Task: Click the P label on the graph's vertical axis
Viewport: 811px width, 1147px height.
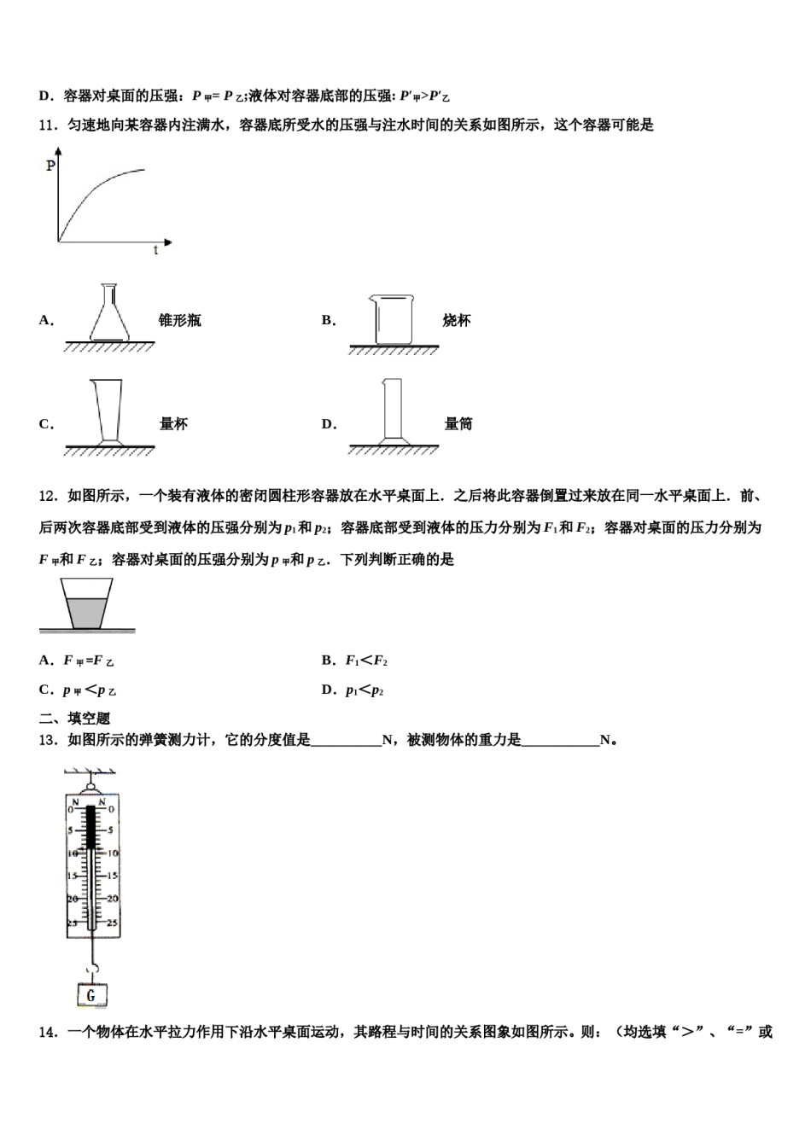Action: click(x=50, y=166)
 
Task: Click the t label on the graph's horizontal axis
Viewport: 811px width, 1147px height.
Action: click(x=155, y=251)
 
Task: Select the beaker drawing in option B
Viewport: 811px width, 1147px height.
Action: click(x=394, y=319)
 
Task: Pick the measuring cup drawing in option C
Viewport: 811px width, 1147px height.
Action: click(x=108, y=413)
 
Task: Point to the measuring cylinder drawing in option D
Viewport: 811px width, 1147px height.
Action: click(x=392, y=410)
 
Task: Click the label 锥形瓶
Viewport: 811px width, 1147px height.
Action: click(x=180, y=321)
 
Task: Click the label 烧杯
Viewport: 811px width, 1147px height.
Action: click(x=457, y=321)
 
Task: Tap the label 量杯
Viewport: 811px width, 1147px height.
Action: click(x=173, y=424)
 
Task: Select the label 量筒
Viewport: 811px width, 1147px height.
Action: click(x=458, y=424)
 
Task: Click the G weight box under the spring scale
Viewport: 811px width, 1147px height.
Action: click(x=91, y=994)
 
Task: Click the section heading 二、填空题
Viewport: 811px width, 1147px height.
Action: click(x=75, y=719)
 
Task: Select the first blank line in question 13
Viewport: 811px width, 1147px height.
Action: click(x=347, y=741)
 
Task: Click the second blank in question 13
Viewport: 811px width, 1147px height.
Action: click(x=560, y=741)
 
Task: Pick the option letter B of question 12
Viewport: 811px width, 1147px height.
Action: click(x=327, y=660)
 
